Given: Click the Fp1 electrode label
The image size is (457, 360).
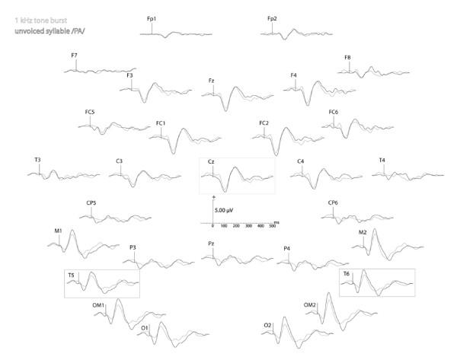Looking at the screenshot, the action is tap(151, 17).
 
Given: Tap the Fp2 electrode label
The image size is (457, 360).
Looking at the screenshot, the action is tap(272, 17).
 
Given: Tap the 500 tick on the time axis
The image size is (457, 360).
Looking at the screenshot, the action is tap(273, 227).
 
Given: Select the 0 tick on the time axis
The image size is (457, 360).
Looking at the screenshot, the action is tap(213, 227).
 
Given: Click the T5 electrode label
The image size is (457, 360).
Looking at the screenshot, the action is tap(71, 274).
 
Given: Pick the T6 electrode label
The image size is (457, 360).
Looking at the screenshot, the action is tap(346, 274).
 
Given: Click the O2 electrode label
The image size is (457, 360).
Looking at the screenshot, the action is tap(267, 325).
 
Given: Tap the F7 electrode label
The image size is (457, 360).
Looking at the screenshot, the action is tap(74, 56).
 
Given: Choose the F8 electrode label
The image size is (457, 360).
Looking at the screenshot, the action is tap(347, 57).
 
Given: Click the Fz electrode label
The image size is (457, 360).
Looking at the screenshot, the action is tap(212, 80).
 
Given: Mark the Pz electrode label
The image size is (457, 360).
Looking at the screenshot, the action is tap(211, 243).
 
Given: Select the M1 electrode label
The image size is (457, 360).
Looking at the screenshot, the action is tap(58, 231).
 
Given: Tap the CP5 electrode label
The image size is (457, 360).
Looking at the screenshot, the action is tap(91, 203).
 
